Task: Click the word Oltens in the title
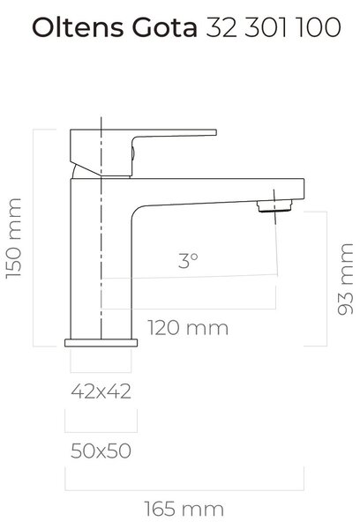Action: tap(78, 27)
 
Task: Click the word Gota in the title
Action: tap(164, 27)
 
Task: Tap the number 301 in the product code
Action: tap(266, 27)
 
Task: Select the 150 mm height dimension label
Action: tap(14, 238)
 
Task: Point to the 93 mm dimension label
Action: tap(345, 279)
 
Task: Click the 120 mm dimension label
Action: tap(188, 328)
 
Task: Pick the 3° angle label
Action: tap(188, 260)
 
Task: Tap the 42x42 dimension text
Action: tap(101, 391)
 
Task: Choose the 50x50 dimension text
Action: tap(101, 451)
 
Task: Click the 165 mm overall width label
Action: tap(184, 509)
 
